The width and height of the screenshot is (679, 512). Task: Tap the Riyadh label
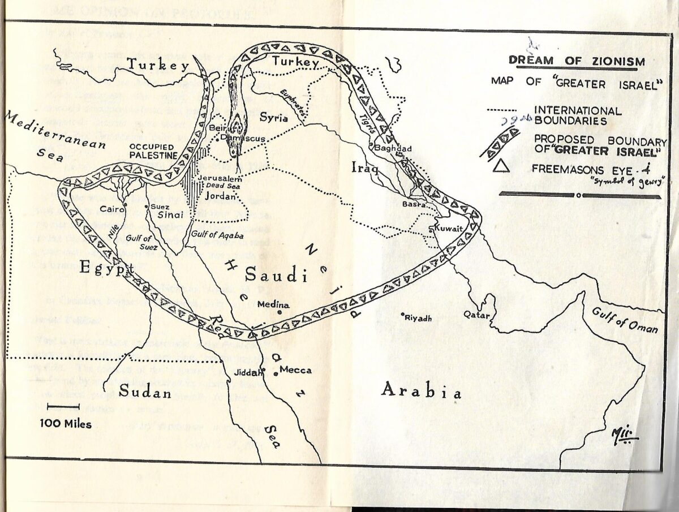click(x=419, y=318)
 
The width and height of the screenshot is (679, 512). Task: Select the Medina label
click(x=273, y=305)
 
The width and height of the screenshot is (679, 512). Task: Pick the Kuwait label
click(x=449, y=229)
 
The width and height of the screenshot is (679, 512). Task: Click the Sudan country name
click(x=145, y=391)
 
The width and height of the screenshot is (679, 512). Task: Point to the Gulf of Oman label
click(x=625, y=320)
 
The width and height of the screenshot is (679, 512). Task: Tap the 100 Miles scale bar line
click(x=62, y=406)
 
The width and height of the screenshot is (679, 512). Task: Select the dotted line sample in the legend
click(x=501, y=110)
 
